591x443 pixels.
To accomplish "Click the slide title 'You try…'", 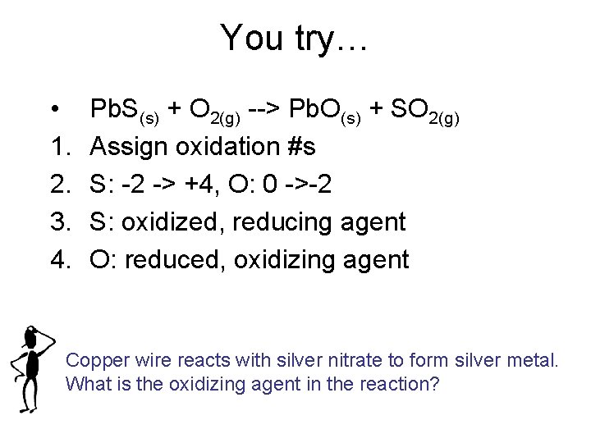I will coord(295,39).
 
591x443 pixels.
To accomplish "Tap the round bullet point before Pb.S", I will coord(53,110).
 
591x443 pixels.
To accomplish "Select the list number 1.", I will coord(58,147).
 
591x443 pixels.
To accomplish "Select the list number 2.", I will coord(58,185).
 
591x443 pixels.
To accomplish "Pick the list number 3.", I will coord(58,222).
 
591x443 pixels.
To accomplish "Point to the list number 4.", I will coord(58,260).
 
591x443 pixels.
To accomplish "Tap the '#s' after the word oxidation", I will coord(298,147).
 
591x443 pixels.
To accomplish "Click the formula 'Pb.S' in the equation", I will coord(115,108).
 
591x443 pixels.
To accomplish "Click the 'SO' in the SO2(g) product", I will coord(405,108).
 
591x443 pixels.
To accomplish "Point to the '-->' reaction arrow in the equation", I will coord(266,108).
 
